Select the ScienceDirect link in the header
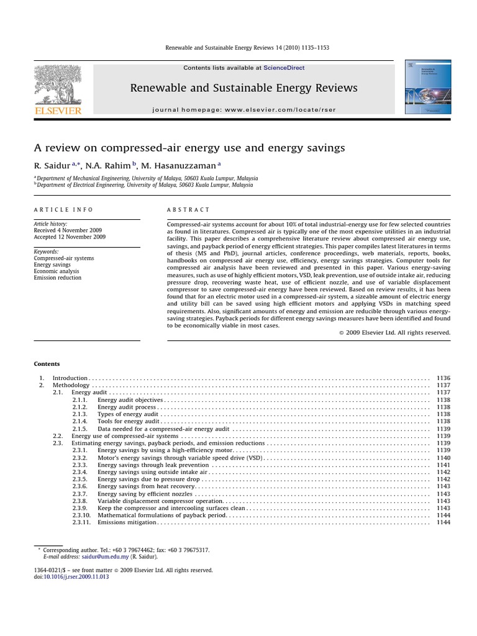284,68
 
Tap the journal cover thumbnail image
428,86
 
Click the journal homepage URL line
243,110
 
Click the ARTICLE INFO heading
55,210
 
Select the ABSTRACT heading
189,210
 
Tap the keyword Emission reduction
57,278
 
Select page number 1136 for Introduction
443,378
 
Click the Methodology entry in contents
71,385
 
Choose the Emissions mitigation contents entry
127,522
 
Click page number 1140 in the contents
443,458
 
